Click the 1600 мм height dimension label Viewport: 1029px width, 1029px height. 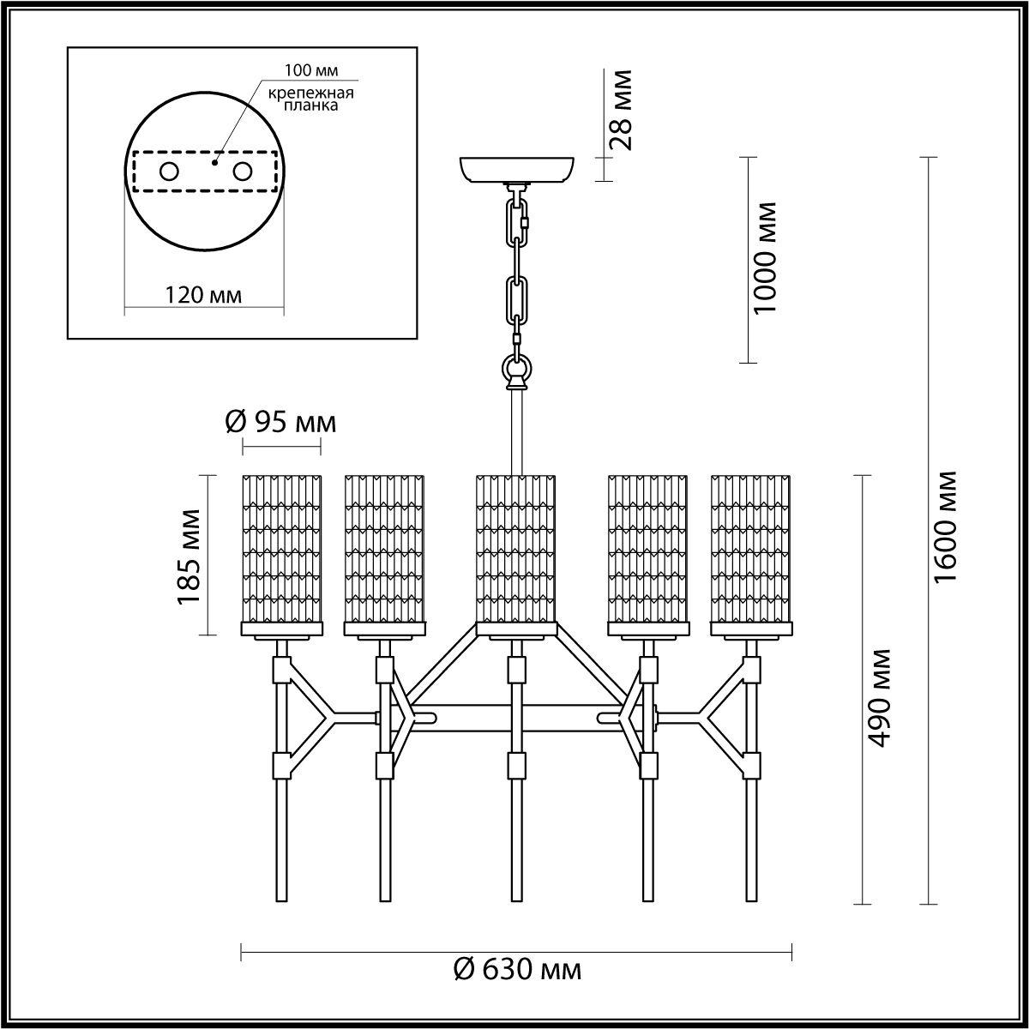tap(946, 526)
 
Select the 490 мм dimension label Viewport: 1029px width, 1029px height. tap(878, 698)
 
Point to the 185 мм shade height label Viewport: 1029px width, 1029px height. tap(190, 556)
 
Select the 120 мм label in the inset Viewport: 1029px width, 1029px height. tap(203, 296)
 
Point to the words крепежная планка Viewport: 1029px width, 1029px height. tap(298, 99)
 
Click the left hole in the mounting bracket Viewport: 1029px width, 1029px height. tap(169, 171)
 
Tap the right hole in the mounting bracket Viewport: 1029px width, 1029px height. tap(244, 171)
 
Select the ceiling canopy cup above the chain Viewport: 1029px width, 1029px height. tap(517, 169)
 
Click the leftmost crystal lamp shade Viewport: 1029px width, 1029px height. tap(282, 549)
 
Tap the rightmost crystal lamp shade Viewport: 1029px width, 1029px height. tap(751, 549)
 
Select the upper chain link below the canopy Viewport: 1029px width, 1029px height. tap(518, 222)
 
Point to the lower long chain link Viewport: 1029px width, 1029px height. tap(517, 298)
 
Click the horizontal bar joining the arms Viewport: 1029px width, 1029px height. tap(516, 714)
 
